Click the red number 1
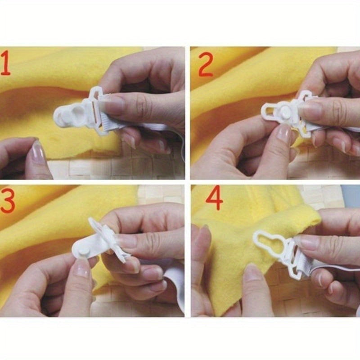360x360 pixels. pyautogui.click(x=6, y=63)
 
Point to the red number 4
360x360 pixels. pyautogui.click(x=214, y=198)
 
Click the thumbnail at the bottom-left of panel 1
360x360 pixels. pyautogui.click(x=38, y=153)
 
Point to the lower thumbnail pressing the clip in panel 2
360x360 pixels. pyautogui.click(x=284, y=133)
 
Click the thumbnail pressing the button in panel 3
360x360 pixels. pyautogui.click(x=82, y=269)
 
